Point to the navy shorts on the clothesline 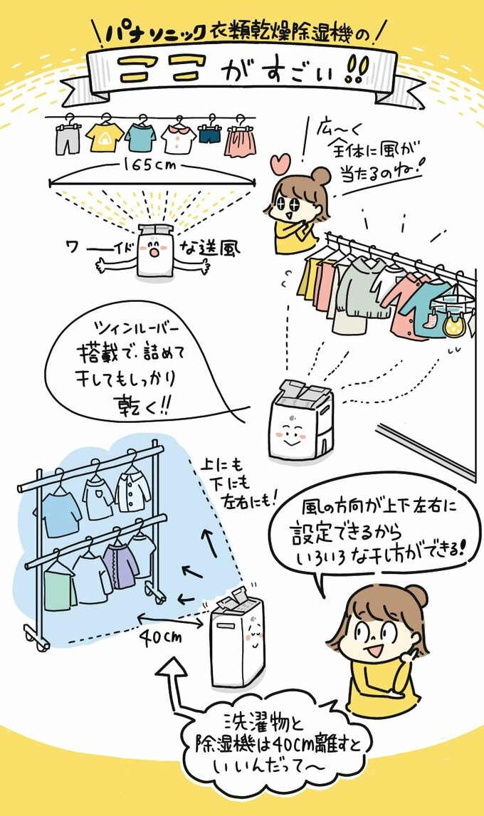click(210, 135)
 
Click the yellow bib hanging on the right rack click(453, 325)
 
